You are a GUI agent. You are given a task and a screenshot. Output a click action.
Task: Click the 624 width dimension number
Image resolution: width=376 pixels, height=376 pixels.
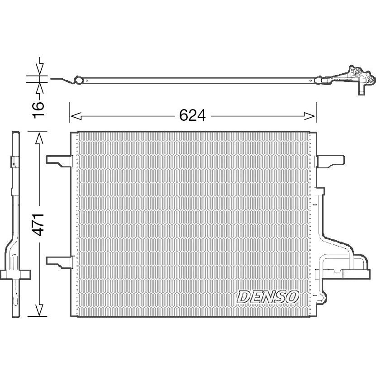192,115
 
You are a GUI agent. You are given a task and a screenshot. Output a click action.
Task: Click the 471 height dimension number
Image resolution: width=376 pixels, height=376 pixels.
38,224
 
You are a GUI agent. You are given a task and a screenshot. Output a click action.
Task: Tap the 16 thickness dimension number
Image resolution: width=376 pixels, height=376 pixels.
38,110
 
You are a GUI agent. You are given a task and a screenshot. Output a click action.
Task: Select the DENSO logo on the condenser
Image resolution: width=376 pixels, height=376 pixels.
267,297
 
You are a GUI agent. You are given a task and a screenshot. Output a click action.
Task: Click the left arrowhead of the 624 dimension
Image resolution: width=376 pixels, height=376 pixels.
76,116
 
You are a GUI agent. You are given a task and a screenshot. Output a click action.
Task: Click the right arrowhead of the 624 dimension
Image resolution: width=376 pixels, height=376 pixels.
309,116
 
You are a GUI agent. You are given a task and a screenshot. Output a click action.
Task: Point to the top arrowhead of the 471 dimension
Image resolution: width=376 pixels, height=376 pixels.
39,138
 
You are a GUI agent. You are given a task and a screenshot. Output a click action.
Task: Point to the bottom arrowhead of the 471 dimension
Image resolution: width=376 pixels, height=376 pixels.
39,310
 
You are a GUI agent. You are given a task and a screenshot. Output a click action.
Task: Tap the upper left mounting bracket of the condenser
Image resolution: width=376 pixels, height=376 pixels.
59,161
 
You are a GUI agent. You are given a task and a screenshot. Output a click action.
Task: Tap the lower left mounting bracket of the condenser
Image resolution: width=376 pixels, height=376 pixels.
59,262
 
